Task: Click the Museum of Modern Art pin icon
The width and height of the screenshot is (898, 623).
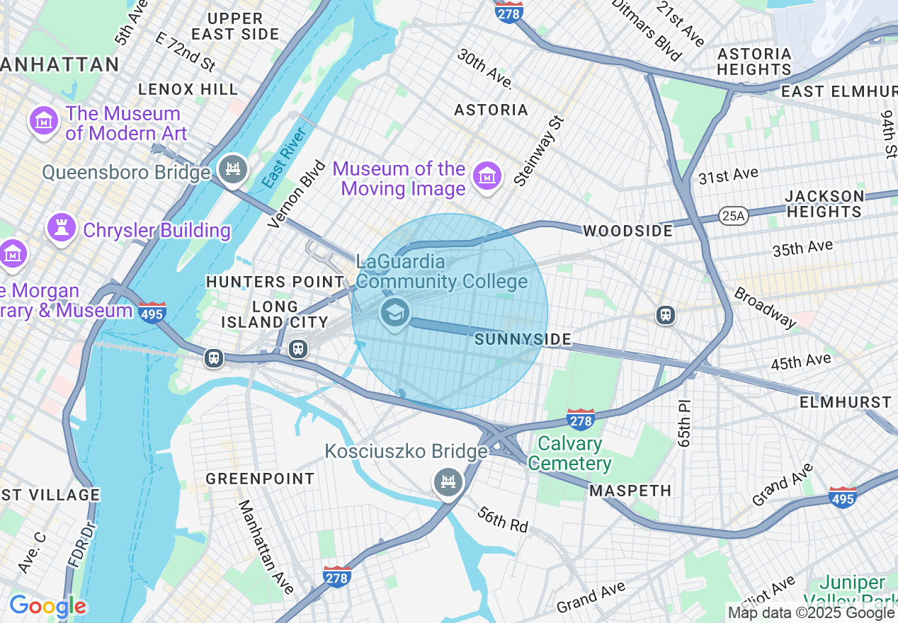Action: [44, 122]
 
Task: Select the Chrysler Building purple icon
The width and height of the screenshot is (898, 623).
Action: [62, 229]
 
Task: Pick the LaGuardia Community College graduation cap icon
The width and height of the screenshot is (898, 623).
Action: [394, 312]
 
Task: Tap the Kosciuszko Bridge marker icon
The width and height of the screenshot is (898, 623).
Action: [448, 483]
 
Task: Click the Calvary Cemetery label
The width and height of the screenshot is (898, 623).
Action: [569, 454]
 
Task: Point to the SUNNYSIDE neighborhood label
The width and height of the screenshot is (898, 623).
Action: [523, 340]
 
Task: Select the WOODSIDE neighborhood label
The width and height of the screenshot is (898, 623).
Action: [627, 231]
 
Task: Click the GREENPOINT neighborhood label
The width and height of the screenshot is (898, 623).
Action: [260, 479]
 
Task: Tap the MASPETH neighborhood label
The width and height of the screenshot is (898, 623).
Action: [630, 491]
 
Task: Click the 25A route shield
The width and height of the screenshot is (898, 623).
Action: [732, 215]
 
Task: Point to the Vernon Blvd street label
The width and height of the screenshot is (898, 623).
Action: [297, 194]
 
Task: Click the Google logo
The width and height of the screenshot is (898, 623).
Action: [47, 607]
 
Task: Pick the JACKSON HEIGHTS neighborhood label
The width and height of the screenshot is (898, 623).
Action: [824, 203]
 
